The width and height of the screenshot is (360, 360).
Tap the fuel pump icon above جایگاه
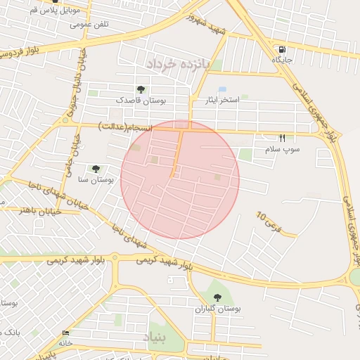click(282, 50)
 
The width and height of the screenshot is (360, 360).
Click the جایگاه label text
click(282, 61)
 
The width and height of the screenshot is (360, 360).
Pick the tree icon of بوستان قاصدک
click(141, 89)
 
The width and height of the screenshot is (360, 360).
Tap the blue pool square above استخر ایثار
click(222, 89)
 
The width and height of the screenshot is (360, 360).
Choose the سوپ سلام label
click(282, 150)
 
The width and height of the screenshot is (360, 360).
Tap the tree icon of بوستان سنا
click(96, 169)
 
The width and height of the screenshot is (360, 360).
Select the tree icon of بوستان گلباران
click(216, 297)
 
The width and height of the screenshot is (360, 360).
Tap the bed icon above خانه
click(66, 333)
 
